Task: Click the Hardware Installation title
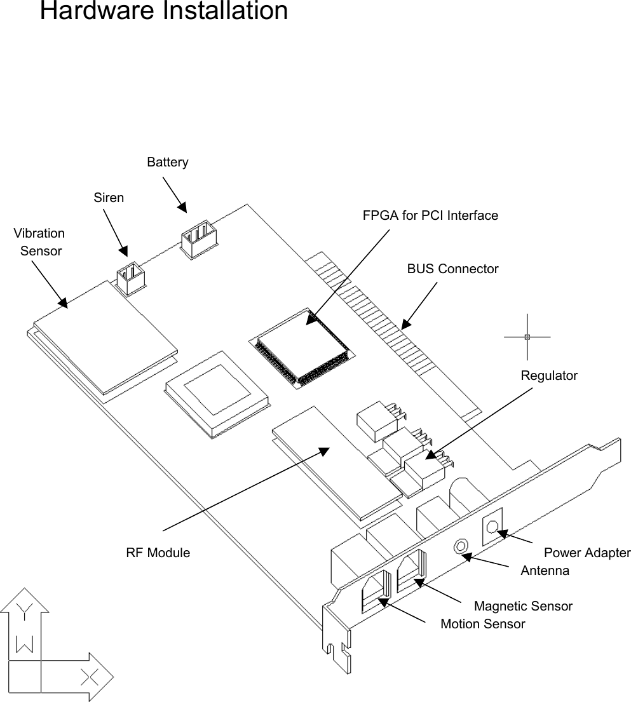(x=163, y=11)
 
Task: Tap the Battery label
(x=167, y=163)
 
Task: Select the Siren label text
(x=109, y=198)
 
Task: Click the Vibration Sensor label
(x=39, y=242)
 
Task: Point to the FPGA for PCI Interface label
(x=430, y=215)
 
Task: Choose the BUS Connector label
(x=452, y=269)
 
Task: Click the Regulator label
(x=549, y=375)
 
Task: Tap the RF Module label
(x=158, y=553)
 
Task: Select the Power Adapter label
(x=587, y=553)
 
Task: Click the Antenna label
(x=545, y=570)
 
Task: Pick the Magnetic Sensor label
(x=523, y=606)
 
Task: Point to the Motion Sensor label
(x=482, y=624)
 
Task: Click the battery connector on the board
(x=198, y=239)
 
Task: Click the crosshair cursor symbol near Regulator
(x=527, y=337)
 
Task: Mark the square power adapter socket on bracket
(x=492, y=526)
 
